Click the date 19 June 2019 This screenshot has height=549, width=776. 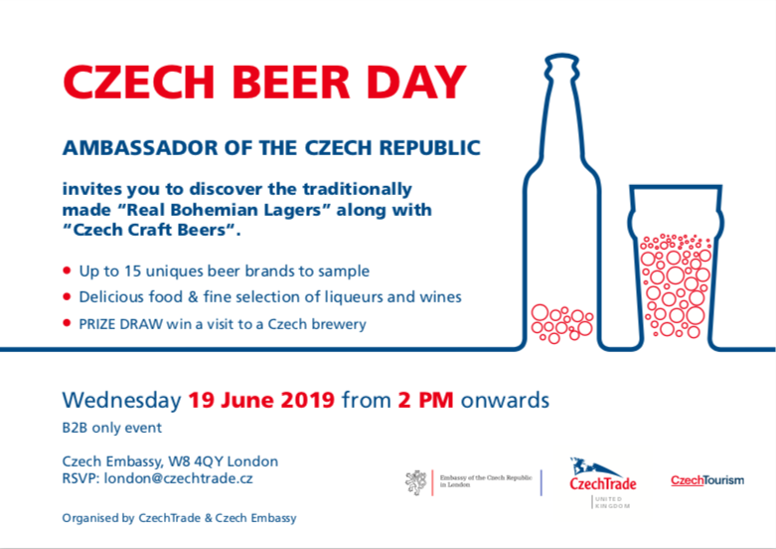pos(261,400)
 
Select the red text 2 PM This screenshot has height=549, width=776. pos(425,400)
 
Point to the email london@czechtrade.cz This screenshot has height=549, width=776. pos(178,478)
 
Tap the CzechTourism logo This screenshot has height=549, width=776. pos(707,480)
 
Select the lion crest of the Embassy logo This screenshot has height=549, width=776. pos(415,482)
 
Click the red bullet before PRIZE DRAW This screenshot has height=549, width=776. pos(67,323)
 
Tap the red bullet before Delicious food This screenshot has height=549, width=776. pos(67,296)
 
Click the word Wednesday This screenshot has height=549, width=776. pos(122,401)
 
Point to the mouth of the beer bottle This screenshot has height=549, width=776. pos(561,56)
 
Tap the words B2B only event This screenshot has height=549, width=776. pos(112,428)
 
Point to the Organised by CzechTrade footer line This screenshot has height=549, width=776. pos(179,518)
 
